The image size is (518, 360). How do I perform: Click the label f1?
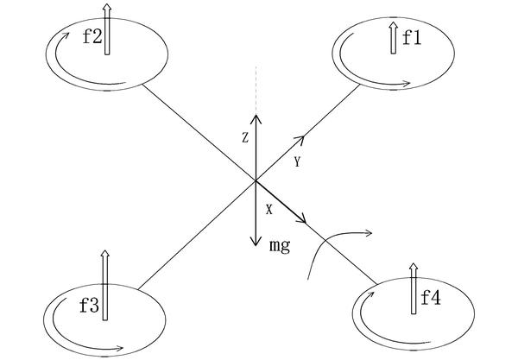[x=412, y=39]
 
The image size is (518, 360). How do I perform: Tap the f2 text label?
[x=92, y=36]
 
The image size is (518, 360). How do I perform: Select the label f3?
[x=90, y=306]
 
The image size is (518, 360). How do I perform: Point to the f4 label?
[x=431, y=298]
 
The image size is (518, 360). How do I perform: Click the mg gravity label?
[x=280, y=246]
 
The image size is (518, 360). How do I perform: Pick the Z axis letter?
[x=245, y=138]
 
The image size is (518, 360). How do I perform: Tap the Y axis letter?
[x=297, y=161]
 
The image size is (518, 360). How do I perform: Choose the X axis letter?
[x=269, y=210]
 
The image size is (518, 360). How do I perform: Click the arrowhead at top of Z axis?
[x=256, y=118]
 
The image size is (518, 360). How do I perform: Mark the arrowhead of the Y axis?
[x=300, y=140]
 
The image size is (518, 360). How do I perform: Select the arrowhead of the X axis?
[x=302, y=218]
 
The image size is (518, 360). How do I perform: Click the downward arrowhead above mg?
[x=255, y=241]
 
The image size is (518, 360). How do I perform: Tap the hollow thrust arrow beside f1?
[x=393, y=38]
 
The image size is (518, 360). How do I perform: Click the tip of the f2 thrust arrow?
[x=106, y=4]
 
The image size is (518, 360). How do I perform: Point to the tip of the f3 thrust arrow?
[x=105, y=250]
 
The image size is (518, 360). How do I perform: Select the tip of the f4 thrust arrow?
[x=414, y=263]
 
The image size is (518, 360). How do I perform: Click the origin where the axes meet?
[x=256, y=180]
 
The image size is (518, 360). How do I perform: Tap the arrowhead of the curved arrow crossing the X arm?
[x=369, y=233]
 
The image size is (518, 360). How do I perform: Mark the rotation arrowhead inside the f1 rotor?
[x=407, y=84]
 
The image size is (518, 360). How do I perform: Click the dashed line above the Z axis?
[x=256, y=89]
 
